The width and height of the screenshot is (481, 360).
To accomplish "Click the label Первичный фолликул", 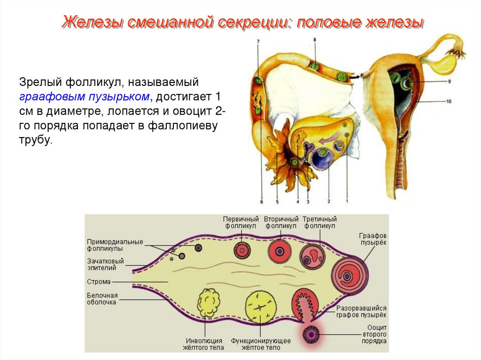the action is click(241, 222).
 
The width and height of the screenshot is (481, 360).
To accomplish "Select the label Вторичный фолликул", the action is click(281, 222).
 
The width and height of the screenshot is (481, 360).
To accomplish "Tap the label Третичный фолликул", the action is click(319, 222).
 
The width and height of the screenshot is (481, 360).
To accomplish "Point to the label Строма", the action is click(99, 282).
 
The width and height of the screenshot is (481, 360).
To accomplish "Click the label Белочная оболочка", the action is click(102, 299).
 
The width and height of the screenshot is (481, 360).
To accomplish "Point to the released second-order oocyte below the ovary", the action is click(310, 334).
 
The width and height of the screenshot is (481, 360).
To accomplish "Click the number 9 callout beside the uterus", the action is click(449, 81).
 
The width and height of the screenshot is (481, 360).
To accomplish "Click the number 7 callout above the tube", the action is click(258, 42).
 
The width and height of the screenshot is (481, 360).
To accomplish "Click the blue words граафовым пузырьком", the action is click(85, 97).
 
